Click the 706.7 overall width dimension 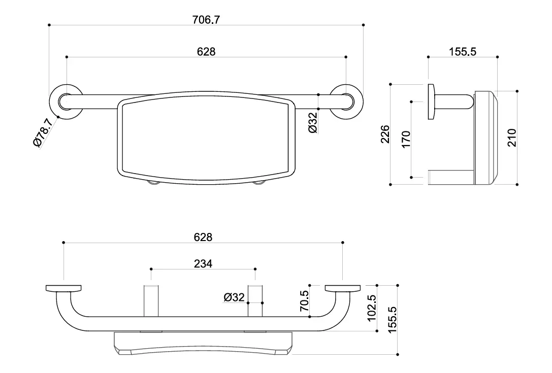coord(206,20)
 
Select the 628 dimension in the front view coord(206,52)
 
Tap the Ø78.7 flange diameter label coord(43,132)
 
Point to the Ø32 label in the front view coord(313,122)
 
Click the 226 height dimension coord(385,134)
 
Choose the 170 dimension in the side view coord(406,140)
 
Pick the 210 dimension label coord(511,138)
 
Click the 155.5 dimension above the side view coord(462,52)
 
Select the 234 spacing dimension coord(203,263)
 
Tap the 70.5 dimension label coord(304,301)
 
